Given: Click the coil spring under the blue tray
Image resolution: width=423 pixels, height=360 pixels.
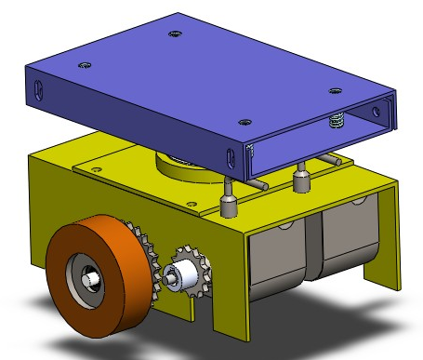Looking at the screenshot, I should (337, 121).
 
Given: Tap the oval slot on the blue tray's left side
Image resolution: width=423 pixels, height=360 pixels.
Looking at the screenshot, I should (38, 89).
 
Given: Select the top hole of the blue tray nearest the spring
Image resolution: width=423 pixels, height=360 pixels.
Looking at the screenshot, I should (336, 91).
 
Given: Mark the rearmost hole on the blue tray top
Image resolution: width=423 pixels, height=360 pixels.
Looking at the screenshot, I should (174, 35).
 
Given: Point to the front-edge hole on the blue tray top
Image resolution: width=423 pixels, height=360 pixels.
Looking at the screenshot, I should (244, 121).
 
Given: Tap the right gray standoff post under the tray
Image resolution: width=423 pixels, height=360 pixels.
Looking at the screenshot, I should (300, 178).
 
